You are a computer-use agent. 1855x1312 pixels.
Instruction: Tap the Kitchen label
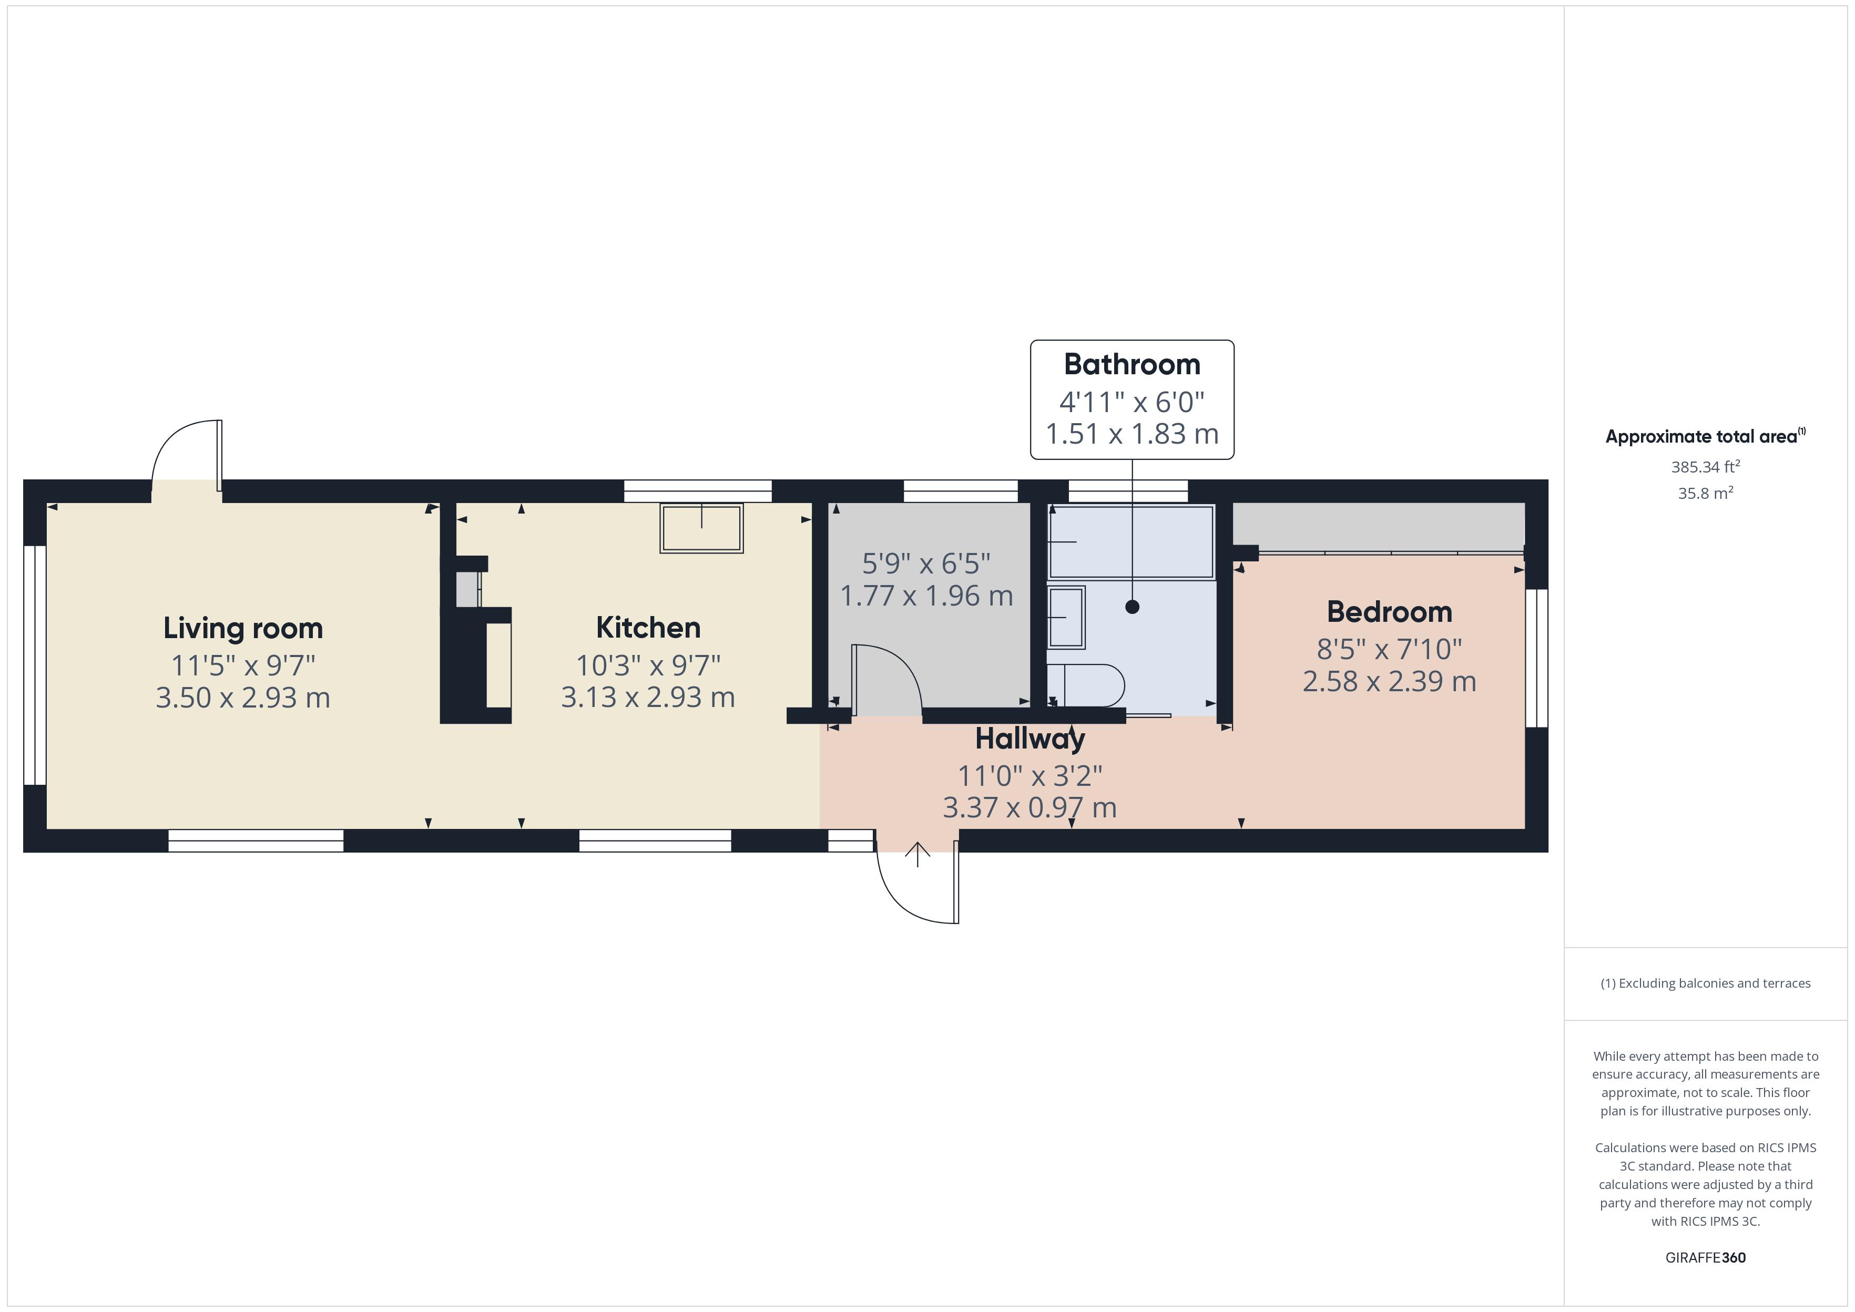point(648,627)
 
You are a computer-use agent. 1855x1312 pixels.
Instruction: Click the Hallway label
point(1030,739)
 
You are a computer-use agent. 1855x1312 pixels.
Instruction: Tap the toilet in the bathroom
point(1090,685)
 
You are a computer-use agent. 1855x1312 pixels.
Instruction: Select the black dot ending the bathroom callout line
point(1132,607)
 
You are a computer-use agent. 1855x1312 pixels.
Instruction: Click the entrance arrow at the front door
point(917,854)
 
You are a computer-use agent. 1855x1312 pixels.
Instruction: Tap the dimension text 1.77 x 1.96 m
point(926,596)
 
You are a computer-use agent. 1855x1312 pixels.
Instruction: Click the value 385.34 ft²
point(1705,467)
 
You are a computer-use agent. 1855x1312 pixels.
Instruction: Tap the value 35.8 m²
point(1705,493)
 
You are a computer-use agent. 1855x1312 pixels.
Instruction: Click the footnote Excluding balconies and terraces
point(1705,983)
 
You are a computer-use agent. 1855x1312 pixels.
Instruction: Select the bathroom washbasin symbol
point(1066,617)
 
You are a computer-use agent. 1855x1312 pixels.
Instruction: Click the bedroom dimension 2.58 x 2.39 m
point(1389,681)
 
